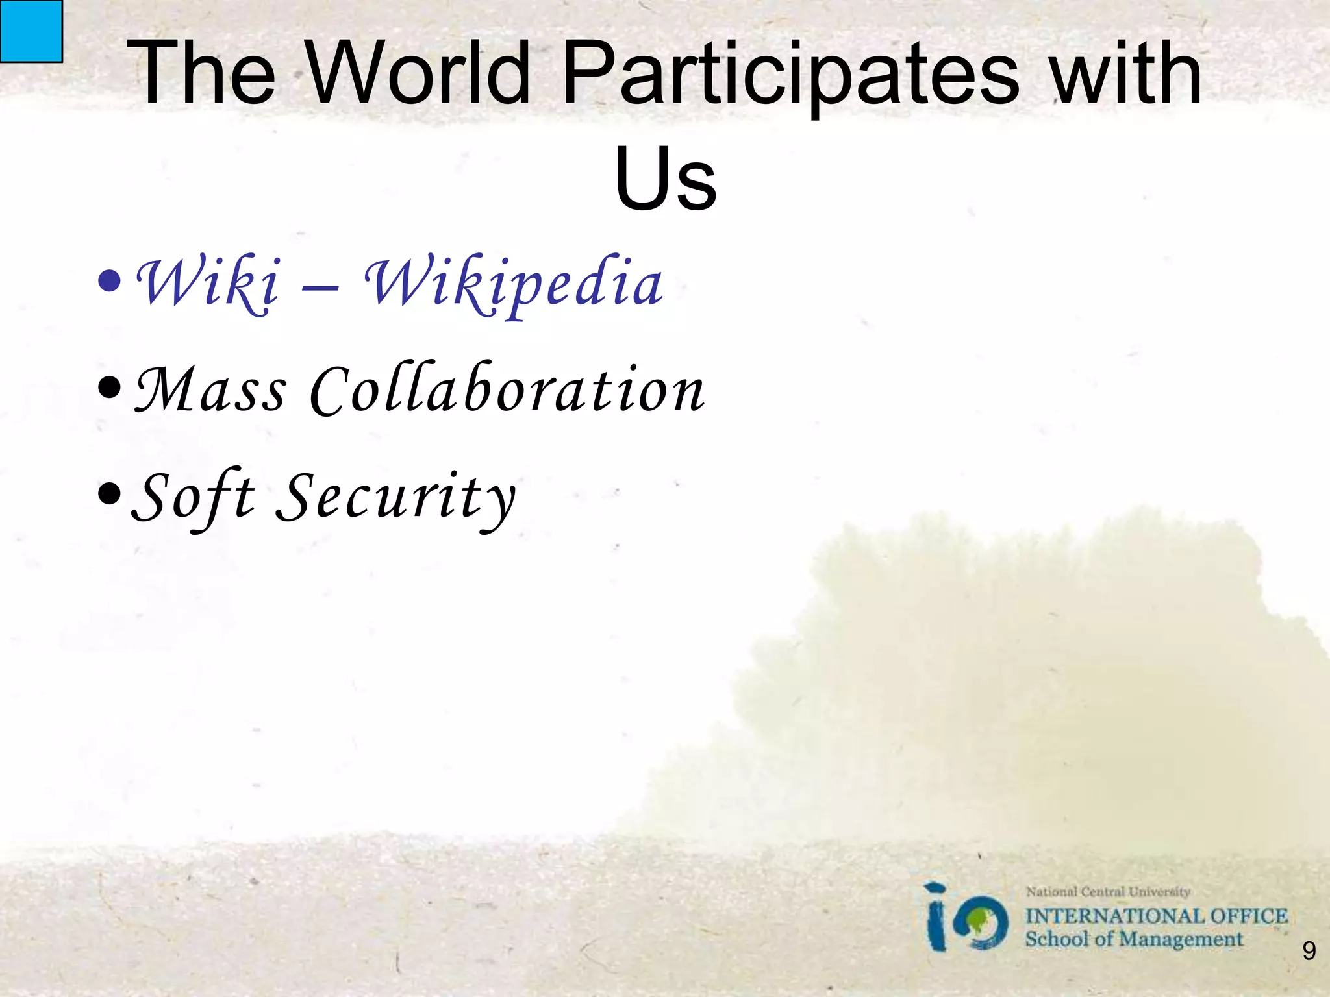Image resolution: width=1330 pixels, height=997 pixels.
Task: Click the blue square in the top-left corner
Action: (31, 31)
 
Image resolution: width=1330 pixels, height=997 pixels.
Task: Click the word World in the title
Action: (419, 73)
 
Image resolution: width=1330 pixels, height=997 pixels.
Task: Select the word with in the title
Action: (1127, 73)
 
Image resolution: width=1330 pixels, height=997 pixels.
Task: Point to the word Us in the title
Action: (665, 178)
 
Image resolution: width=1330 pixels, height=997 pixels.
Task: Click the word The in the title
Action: (201, 73)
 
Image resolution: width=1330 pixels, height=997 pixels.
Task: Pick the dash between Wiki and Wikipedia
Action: (320, 287)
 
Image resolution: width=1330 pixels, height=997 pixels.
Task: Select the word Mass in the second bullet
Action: (210, 389)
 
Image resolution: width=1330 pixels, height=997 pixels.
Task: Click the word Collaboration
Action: (507, 389)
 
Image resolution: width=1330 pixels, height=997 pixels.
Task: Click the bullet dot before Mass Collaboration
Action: (109, 388)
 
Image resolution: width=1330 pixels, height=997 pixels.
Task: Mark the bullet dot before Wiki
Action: (109, 282)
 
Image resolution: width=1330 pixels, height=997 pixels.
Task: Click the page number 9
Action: (1309, 952)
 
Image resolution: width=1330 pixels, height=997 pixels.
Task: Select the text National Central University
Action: (1108, 892)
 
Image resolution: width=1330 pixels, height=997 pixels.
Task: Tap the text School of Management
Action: (1133, 939)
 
